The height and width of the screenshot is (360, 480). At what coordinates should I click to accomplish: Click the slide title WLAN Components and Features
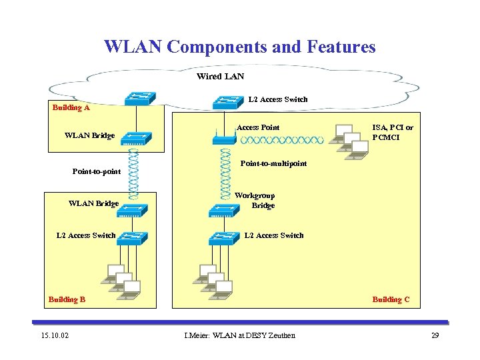(240, 47)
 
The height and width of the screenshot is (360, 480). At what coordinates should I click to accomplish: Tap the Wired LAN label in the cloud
(220, 77)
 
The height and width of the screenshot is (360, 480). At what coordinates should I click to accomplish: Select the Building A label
(71, 107)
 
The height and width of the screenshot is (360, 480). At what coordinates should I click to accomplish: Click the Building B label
(67, 299)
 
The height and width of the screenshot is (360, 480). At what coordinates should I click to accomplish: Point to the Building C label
(391, 299)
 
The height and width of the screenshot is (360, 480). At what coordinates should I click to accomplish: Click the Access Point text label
(258, 127)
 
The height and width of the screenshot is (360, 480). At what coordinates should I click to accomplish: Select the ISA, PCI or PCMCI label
(393, 132)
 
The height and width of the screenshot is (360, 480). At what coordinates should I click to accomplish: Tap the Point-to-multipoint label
(273, 163)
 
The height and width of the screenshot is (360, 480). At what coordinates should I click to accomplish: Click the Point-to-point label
(97, 171)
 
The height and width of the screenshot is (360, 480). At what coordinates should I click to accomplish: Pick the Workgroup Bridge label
(255, 201)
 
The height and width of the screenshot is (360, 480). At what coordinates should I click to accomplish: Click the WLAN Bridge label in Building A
(89, 135)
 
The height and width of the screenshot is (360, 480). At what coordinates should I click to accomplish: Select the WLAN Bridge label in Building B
(93, 203)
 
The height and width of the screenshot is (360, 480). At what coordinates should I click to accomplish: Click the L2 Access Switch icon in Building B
(131, 237)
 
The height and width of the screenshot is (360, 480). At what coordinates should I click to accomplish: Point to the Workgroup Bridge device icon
(223, 210)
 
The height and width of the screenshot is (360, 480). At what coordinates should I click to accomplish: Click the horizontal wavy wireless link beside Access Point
(281, 140)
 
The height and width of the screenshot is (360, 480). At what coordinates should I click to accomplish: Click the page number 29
(435, 335)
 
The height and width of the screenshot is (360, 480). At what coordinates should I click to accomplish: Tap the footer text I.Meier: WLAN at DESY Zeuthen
(239, 335)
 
